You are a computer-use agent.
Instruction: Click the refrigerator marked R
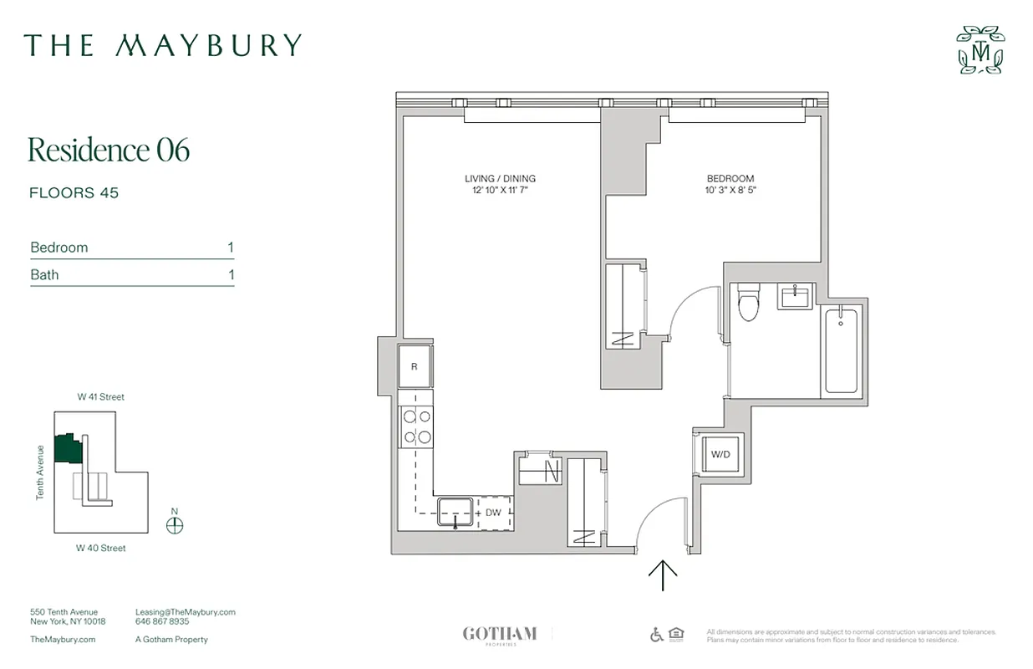click(x=415, y=366)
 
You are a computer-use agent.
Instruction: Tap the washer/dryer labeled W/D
click(x=720, y=455)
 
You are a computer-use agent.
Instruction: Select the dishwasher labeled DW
click(x=492, y=512)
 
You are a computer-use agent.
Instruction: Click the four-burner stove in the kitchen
click(x=416, y=426)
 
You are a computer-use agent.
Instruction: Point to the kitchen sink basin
click(x=455, y=511)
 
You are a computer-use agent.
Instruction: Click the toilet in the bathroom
click(x=748, y=304)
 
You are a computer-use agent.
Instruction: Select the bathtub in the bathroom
click(x=842, y=350)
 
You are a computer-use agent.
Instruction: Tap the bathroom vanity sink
click(x=795, y=296)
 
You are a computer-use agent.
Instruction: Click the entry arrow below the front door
click(x=663, y=575)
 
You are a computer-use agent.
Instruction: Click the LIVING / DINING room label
click(x=500, y=178)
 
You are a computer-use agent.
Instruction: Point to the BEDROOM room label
click(x=730, y=178)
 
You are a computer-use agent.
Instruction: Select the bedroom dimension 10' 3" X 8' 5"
click(x=730, y=191)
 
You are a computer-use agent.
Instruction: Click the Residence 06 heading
click(x=109, y=150)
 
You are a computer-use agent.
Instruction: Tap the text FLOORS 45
click(x=74, y=193)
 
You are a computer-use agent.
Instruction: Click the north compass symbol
click(x=175, y=526)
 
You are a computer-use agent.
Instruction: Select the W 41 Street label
click(x=100, y=397)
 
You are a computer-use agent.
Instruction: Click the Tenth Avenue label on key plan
click(x=40, y=472)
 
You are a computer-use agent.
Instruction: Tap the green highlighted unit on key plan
click(x=66, y=449)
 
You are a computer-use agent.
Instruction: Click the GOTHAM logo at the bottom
click(x=500, y=634)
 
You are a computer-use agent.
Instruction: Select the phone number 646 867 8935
click(x=162, y=622)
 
